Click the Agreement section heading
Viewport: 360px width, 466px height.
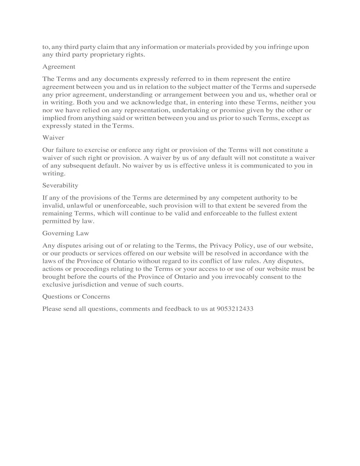pyautogui.click(x=59, y=67)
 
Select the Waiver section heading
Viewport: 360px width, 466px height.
pyautogui.click(x=53, y=138)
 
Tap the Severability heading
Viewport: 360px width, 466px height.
pyautogui.click(x=60, y=185)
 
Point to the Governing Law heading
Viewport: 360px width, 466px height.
pyautogui.click(x=66, y=233)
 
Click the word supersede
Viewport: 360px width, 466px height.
pyautogui.click(x=301, y=87)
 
